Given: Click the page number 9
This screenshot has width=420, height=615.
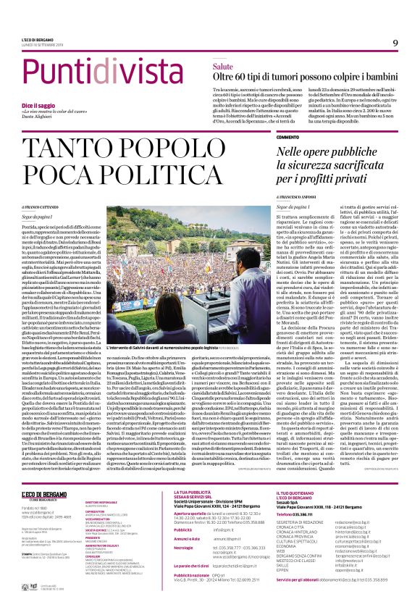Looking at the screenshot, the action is click(395, 43).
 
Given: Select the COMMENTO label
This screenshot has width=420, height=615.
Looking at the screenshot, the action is click(287, 136).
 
